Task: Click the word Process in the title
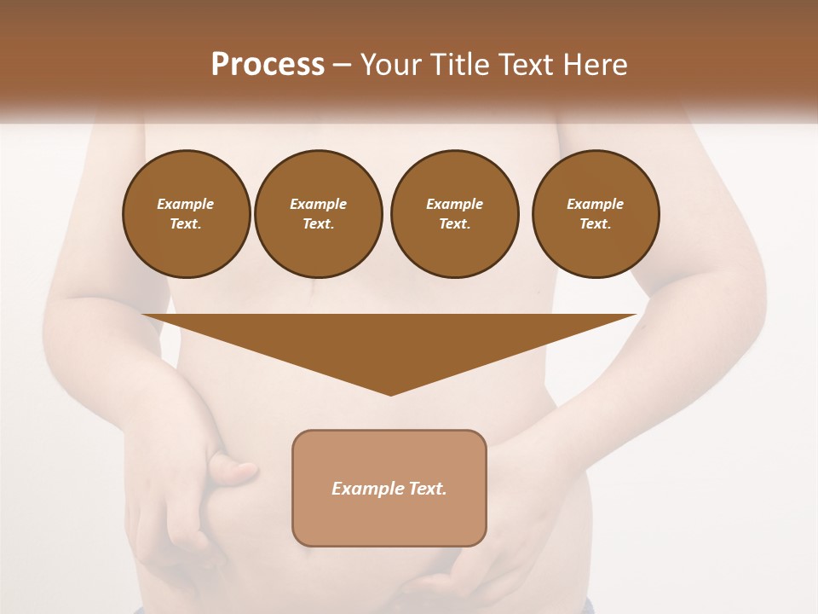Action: click(x=268, y=65)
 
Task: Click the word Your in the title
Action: click(x=391, y=65)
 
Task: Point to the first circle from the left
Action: click(x=186, y=214)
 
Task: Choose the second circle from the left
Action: click(x=319, y=214)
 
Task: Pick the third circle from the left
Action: click(x=455, y=214)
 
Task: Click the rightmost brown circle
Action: click(x=596, y=214)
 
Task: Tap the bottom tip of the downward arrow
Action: click(x=390, y=394)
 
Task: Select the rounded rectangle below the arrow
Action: click(x=389, y=488)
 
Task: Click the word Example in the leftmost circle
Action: click(x=186, y=204)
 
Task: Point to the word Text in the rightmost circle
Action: click(x=595, y=224)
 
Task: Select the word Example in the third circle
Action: click(x=455, y=204)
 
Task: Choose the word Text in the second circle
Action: click(x=318, y=224)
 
